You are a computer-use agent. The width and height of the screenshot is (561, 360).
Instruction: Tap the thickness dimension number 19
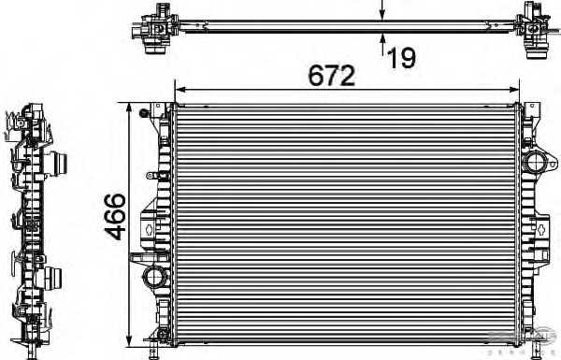(x=401, y=58)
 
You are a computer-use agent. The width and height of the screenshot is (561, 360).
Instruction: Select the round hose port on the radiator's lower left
(x=153, y=277)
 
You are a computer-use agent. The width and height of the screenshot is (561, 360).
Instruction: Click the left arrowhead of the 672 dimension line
(x=180, y=91)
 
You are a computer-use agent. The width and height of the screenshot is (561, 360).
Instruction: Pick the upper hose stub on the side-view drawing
(x=61, y=165)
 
